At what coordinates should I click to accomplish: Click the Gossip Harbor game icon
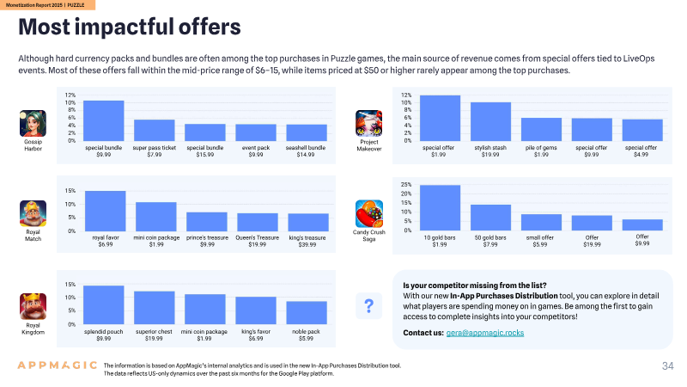(x=33, y=123)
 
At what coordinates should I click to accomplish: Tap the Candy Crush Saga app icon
(x=369, y=213)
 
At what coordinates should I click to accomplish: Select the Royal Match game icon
(x=33, y=213)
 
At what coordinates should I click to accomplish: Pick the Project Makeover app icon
(x=369, y=123)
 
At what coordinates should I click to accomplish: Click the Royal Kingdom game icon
(x=33, y=306)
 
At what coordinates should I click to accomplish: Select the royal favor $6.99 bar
(x=105, y=211)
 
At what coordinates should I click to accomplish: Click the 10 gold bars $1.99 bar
(x=440, y=207)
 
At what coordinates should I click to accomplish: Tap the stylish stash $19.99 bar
(x=490, y=121)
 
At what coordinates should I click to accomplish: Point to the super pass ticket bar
(x=155, y=131)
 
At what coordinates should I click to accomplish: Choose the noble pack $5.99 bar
(x=307, y=313)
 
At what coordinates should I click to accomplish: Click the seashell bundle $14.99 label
(x=306, y=151)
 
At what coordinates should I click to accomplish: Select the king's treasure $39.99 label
(x=307, y=241)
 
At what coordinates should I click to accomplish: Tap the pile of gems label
(x=541, y=148)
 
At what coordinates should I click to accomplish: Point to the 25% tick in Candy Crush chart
(x=405, y=185)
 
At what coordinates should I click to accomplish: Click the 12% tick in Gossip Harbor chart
(x=70, y=95)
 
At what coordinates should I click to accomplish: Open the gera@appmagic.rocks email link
(x=485, y=333)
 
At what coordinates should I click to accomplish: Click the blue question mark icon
(x=369, y=306)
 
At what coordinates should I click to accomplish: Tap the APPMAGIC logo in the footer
(x=57, y=365)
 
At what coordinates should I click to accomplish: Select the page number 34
(x=668, y=366)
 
